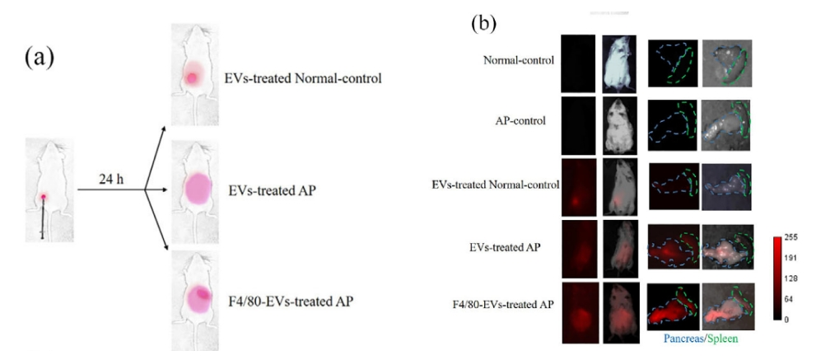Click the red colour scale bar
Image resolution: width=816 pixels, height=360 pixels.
click(777, 278)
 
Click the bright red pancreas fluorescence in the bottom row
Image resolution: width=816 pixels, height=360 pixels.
click(670, 310)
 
